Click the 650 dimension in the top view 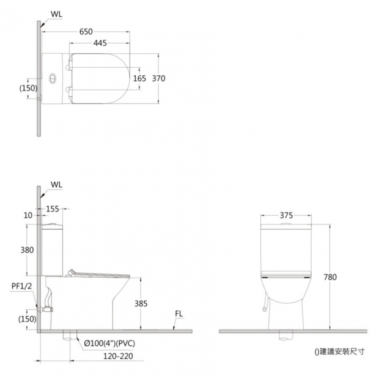[x=86, y=32]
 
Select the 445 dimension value [x=100, y=43]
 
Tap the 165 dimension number [x=140, y=78]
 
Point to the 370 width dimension [x=158, y=78]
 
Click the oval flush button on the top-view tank [x=53, y=79]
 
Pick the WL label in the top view [x=56, y=14]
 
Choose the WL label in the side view [x=56, y=185]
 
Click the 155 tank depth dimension [x=53, y=209]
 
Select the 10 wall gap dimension [x=28, y=215]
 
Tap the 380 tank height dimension [x=27, y=249]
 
